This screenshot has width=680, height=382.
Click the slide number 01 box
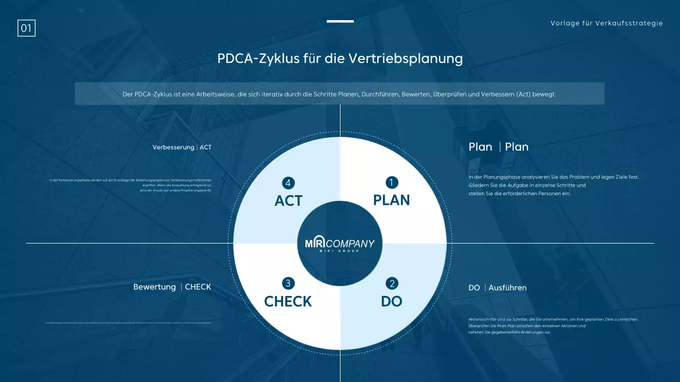[x=27, y=28]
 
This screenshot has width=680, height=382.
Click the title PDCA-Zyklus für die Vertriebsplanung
[x=340, y=58]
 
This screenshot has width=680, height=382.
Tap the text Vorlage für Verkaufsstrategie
[x=607, y=23]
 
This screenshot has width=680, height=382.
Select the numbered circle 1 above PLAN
[x=392, y=183]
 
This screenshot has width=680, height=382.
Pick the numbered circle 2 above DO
[x=392, y=283]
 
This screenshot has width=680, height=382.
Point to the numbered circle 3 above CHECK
[x=288, y=283]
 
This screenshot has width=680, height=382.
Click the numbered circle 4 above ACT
[x=288, y=183]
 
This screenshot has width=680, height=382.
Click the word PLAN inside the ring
[x=392, y=200]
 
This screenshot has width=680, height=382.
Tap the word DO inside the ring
[x=392, y=301]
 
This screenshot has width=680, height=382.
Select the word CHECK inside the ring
[x=288, y=301]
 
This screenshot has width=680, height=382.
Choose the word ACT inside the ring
[x=288, y=201]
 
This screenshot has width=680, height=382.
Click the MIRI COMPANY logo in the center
[x=340, y=244]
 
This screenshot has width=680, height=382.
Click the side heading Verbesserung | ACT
[x=182, y=147]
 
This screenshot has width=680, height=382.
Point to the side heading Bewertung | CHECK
[x=172, y=287]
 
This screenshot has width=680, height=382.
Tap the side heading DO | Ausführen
[x=498, y=288]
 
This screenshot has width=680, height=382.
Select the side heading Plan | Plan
[x=498, y=147]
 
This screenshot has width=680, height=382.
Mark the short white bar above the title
[x=340, y=21]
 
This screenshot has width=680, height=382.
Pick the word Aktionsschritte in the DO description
[x=483, y=319]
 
